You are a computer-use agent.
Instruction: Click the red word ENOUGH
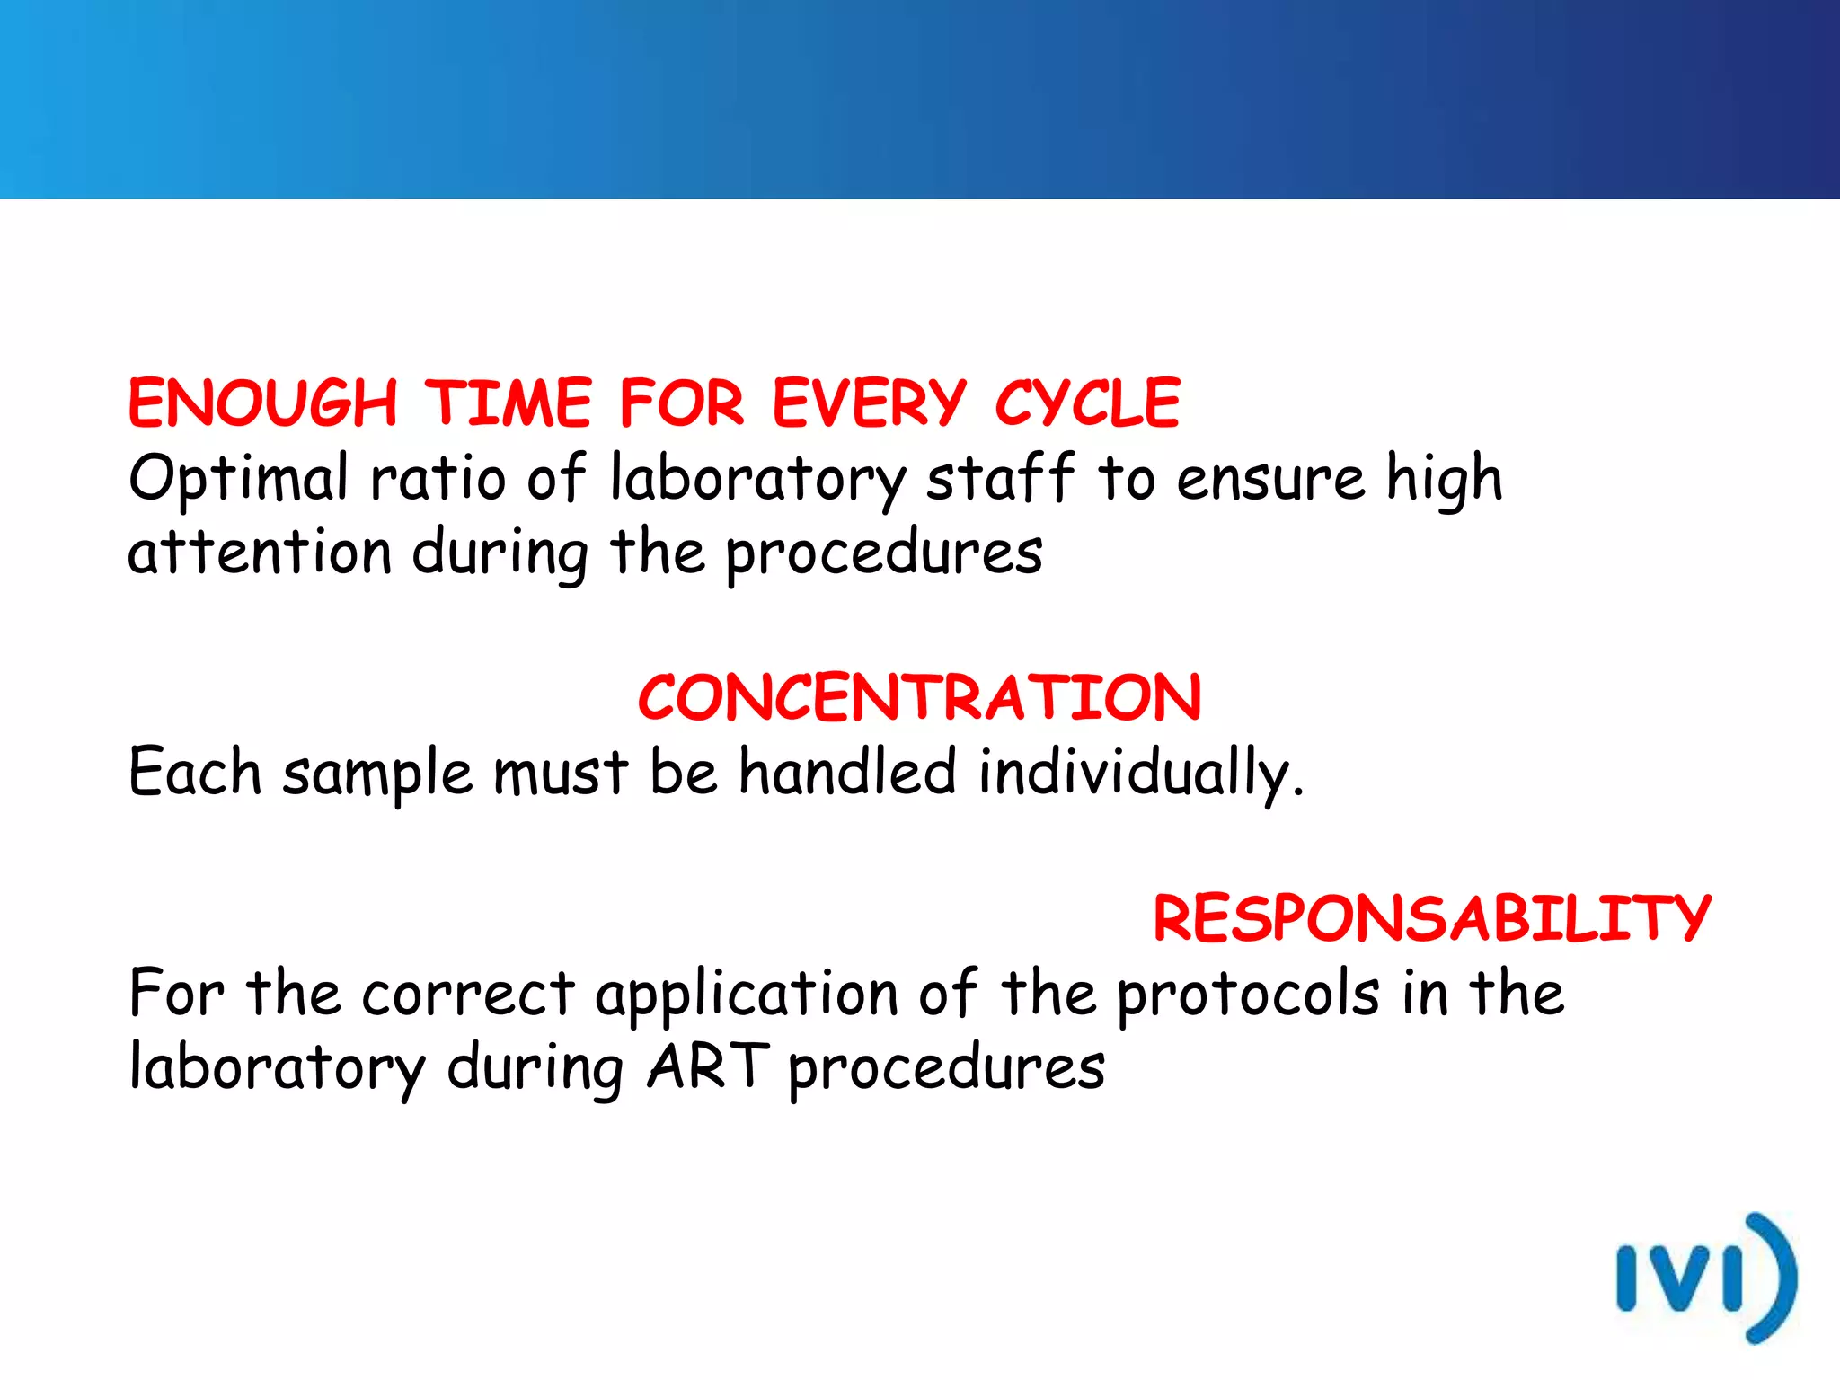coord(262,403)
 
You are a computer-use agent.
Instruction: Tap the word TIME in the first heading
coord(509,403)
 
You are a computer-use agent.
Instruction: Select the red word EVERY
coord(869,403)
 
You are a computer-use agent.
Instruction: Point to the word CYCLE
coord(1087,403)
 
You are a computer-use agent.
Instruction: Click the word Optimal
coord(238,479)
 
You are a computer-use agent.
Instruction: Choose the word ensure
coord(1270,479)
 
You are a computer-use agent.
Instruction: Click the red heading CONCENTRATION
coord(919,698)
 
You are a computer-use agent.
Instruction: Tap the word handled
coord(847,772)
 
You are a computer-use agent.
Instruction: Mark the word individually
coord(1138,774)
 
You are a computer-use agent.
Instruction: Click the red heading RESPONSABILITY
coord(1432,919)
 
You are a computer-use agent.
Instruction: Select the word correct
coord(468,995)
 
